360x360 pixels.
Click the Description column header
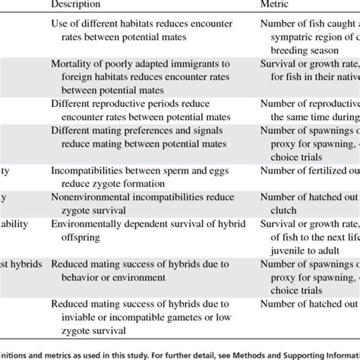[x=78, y=5]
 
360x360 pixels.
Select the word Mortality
[x=74, y=65]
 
